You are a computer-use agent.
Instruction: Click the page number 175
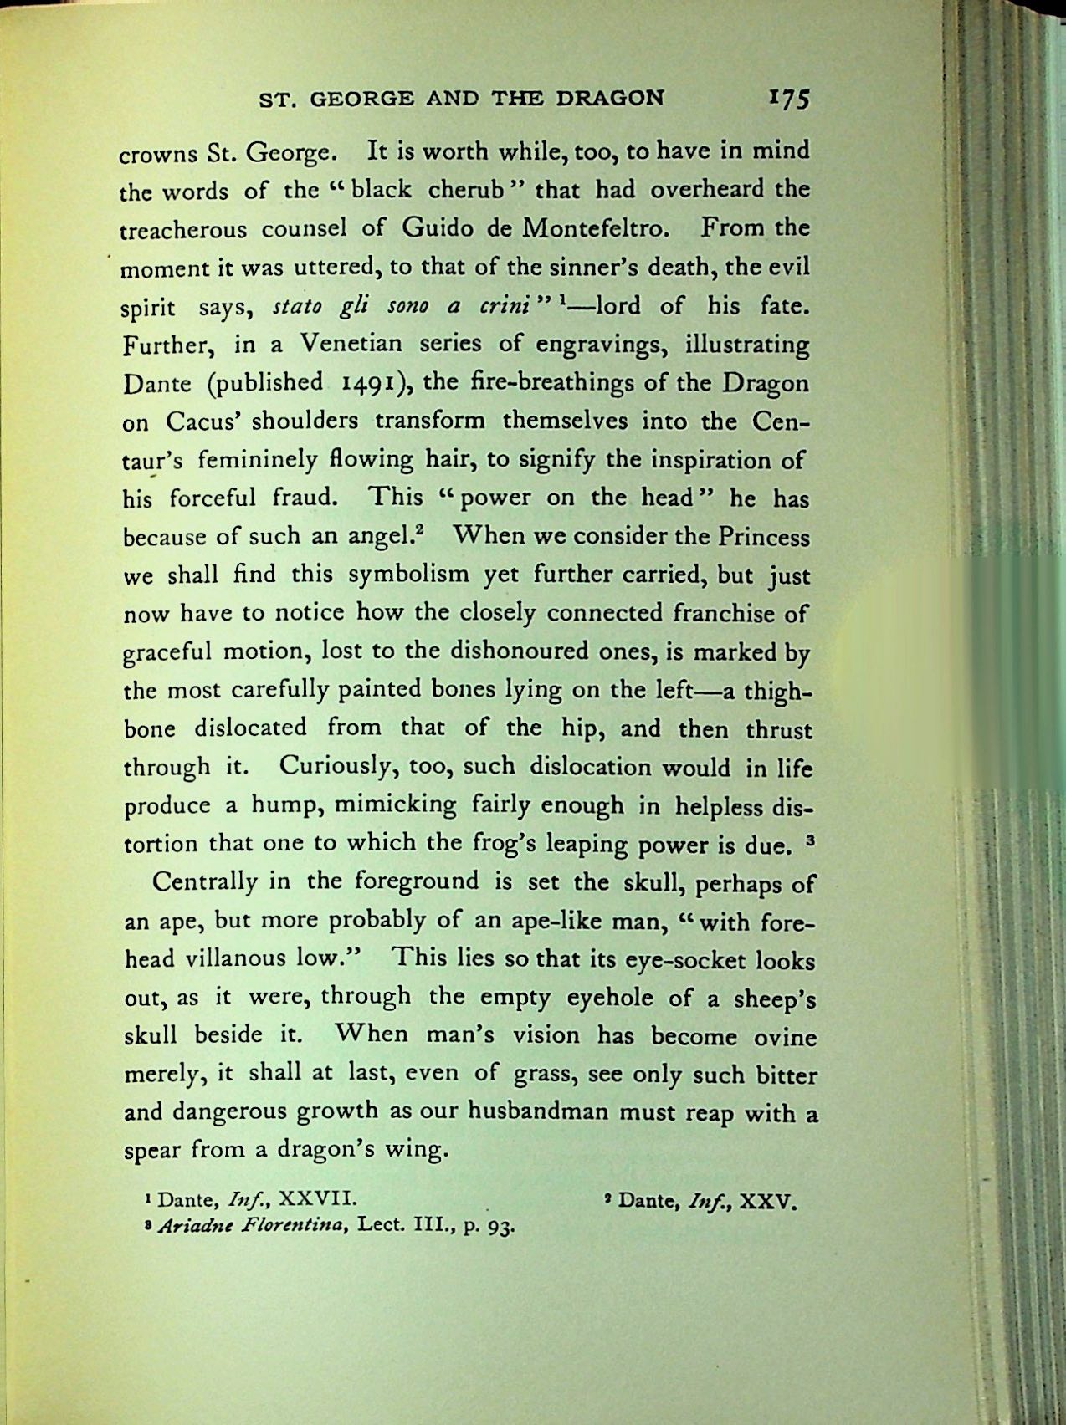[x=787, y=99]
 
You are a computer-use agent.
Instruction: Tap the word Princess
[x=762, y=537]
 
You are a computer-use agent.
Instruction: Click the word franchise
[x=724, y=614]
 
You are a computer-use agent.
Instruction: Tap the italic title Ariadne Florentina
[x=253, y=1228]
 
